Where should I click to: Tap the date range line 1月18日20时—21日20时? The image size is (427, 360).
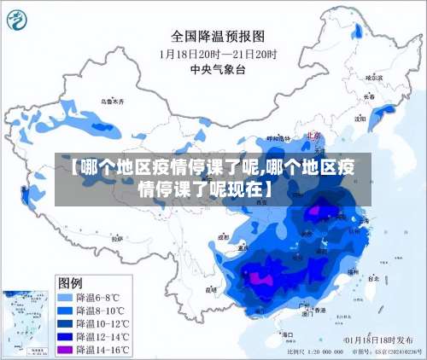click(218, 53)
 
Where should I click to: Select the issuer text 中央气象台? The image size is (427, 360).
click(218, 70)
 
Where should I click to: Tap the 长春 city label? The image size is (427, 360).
click(369, 96)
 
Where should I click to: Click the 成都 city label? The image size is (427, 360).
click(224, 238)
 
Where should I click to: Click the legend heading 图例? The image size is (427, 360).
click(70, 282)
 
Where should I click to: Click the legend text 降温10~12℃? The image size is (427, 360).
click(103, 324)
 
